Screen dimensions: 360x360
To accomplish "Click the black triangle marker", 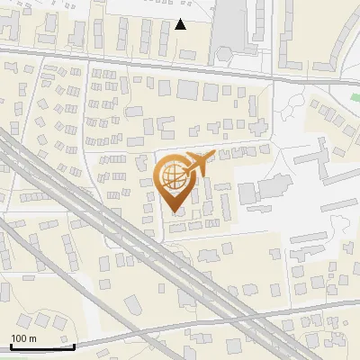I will click(x=181, y=24).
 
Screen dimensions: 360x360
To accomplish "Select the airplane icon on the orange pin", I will click(x=197, y=163).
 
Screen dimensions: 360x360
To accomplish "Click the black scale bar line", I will click(x=41, y=346).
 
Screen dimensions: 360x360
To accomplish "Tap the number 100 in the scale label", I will click(x=20, y=338).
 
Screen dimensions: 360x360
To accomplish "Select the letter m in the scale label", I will click(x=32, y=338).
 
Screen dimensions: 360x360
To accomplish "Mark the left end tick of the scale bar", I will click(x=10, y=345).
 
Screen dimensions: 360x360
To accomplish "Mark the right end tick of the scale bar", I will click(x=74, y=345).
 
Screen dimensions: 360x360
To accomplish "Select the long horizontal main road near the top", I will click(x=135, y=64).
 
